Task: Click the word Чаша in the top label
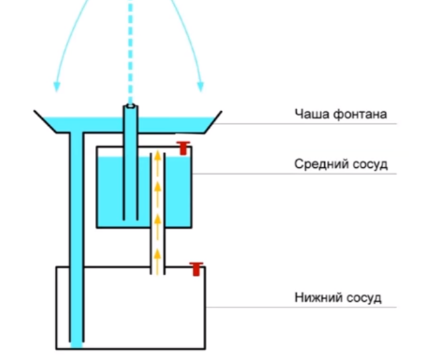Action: click(x=309, y=114)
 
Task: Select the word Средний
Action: click(x=319, y=164)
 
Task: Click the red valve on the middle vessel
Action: click(x=183, y=147)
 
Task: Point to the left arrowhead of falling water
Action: click(x=56, y=86)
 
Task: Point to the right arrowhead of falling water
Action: click(x=200, y=86)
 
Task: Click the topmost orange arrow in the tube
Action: click(x=157, y=159)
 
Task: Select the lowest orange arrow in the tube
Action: click(x=157, y=254)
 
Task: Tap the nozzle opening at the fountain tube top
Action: click(x=130, y=106)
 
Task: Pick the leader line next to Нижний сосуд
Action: click(x=301, y=308)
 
